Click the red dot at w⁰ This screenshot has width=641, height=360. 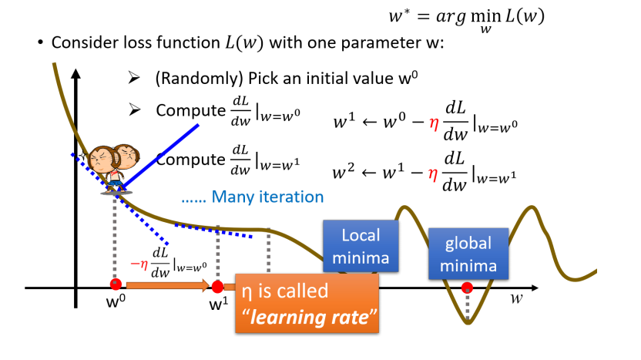(116, 284)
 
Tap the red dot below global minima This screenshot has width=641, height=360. (467, 288)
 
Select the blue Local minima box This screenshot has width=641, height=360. (361, 246)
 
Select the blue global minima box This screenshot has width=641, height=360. (468, 254)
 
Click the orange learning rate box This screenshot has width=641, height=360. (307, 304)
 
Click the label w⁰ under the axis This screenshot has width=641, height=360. (116, 301)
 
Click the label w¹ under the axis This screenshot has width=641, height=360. (219, 303)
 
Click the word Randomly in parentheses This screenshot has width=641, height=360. (193, 79)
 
